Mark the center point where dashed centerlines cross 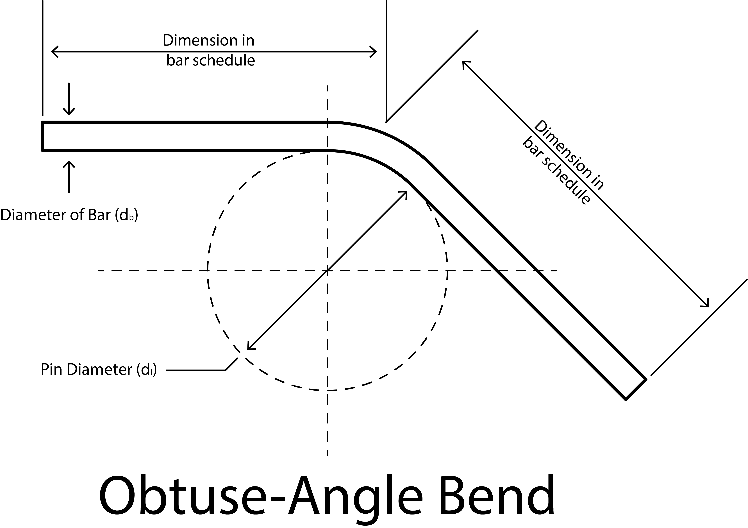(x=327, y=270)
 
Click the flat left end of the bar (x=43, y=136)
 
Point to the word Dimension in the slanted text (x=569, y=155)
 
